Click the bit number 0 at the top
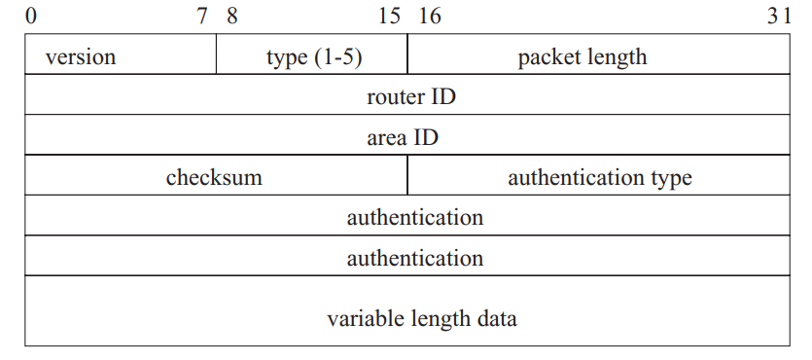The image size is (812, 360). pos(31,16)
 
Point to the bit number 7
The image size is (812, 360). pos(202,16)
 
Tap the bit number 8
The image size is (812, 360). pos(232,16)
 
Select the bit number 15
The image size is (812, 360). pos(390,16)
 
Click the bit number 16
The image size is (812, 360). pos(429,16)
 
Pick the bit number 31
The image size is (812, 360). pos(779,16)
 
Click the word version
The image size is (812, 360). pos(81,57)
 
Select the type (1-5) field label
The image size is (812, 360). pos(314,57)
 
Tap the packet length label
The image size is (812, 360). pos(583,57)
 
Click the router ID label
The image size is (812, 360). pos(411,97)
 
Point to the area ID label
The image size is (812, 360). pos(403,137)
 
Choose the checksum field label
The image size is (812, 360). pos(214,178)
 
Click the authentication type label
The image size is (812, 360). pos(600,178)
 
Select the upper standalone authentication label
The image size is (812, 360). pos(415,217)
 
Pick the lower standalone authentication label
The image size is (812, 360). pos(415,258)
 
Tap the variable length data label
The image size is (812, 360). pos(422,318)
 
